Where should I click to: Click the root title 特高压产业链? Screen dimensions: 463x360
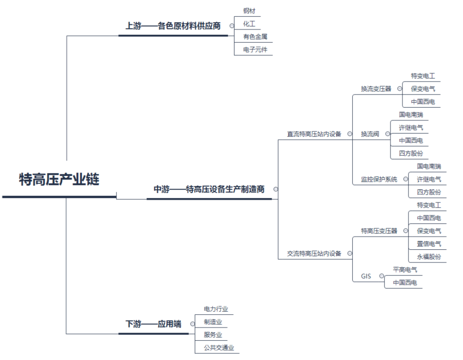pyautogui.click(x=59, y=179)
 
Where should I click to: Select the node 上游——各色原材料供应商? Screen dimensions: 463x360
pyautogui.click(x=173, y=26)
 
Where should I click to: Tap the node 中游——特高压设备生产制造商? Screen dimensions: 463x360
pyautogui.click(x=209, y=189)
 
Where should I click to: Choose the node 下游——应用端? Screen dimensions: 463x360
pyautogui.click(x=153, y=324)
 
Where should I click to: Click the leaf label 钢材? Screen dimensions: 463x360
pyautogui.click(x=249, y=11)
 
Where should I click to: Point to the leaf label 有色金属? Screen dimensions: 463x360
pyautogui.click(x=255, y=36)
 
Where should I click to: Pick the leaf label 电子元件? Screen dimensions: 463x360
pyautogui.click(x=255, y=50)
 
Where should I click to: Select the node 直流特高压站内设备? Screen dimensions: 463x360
pyautogui.click(x=314, y=134)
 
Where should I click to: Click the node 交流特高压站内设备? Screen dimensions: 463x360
pyautogui.click(x=314, y=254)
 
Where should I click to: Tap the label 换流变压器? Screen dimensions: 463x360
pyautogui.click(x=376, y=89)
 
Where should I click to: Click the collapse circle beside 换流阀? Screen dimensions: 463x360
pyautogui.click(x=388, y=134)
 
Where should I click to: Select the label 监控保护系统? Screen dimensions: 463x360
pyautogui.click(x=379, y=179)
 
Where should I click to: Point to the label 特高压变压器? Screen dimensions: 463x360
pyautogui.click(x=379, y=231)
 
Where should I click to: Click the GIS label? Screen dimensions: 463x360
pyautogui.click(x=366, y=276)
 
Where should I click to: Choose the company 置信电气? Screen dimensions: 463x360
pyautogui.click(x=429, y=244)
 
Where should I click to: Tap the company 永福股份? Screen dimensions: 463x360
pyautogui.click(x=429, y=257)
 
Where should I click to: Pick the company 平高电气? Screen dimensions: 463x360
pyautogui.click(x=405, y=269)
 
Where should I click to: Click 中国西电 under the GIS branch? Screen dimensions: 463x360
pyautogui.click(x=405, y=283)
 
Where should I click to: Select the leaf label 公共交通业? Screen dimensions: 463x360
pyautogui.click(x=219, y=348)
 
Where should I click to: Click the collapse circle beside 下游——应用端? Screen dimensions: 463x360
pyautogui.click(x=192, y=324)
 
